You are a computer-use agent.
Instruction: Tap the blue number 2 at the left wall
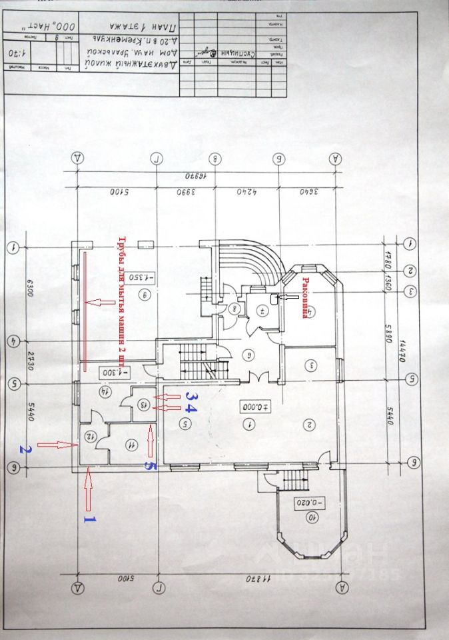24,449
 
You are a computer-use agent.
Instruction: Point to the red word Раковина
306,291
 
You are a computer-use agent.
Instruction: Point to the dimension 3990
184,193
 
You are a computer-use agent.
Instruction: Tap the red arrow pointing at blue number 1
87,490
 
